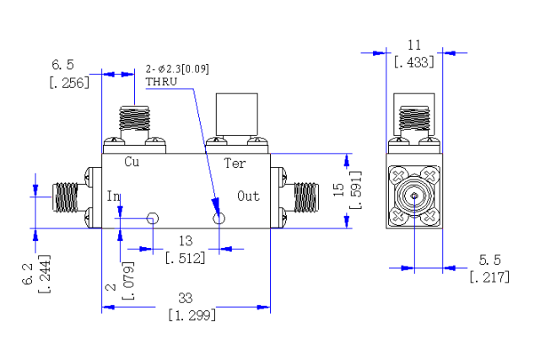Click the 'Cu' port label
click(x=132, y=162)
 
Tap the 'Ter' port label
click(x=235, y=163)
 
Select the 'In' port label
click(x=113, y=196)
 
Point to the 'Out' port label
click(x=248, y=196)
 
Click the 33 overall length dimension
click(x=186, y=298)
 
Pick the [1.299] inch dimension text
click(x=192, y=315)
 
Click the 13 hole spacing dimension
click(x=186, y=241)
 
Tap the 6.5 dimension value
click(x=62, y=65)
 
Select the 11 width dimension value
click(x=414, y=45)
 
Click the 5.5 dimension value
click(x=489, y=260)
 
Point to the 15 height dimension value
click(x=339, y=190)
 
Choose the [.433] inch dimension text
click(x=414, y=62)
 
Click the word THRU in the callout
click(x=161, y=82)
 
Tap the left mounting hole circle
click(x=152, y=218)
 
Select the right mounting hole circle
click(x=219, y=218)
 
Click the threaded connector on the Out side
click(x=306, y=197)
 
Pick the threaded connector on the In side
click(x=66, y=197)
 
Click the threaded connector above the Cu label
click(x=134, y=118)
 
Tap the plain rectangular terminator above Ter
click(x=236, y=114)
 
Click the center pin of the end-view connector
click(x=414, y=196)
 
